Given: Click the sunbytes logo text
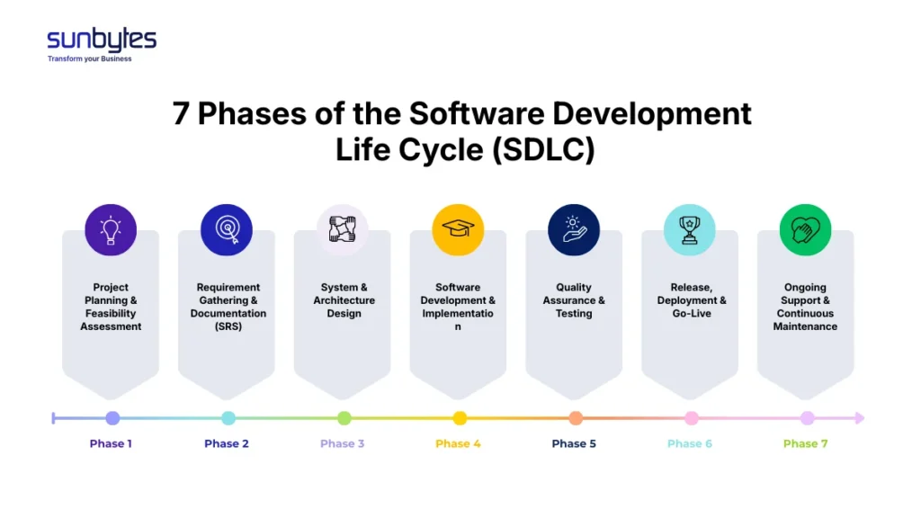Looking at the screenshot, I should (x=102, y=40).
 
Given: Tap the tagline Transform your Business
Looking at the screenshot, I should (x=90, y=59).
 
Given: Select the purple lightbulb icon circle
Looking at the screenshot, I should (x=111, y=230).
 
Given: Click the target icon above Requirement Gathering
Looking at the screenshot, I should (x=227, y=230).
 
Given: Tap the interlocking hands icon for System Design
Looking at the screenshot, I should (x=343, y=230).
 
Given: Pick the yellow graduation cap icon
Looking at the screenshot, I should (x=459, y=230).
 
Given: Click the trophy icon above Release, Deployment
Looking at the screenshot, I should (x=690, y=230).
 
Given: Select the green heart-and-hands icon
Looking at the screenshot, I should (x=806, y=230).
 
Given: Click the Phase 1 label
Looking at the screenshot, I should (x=112, y=443).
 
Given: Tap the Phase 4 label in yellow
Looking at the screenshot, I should (x=459, y=443).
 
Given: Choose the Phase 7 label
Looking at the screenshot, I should (x=806, y=443).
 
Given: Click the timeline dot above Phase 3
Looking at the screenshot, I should (x=344, y=418).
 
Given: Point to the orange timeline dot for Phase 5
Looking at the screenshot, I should (x=576, y=418).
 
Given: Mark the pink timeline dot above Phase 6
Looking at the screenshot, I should (x=692, y=418).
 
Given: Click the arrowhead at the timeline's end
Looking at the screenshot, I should (x=859, y=418).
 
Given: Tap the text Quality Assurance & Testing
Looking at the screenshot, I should (x=574, y=300).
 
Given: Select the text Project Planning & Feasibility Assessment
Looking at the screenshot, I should (x=111, y=307).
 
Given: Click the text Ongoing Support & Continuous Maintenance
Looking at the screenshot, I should (x=806, y=307).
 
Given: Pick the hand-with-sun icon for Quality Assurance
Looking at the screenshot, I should (x=574, y=230).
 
